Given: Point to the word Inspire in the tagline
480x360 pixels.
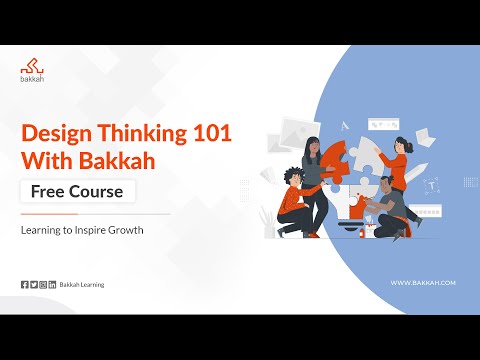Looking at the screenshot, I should (x=96, y=230).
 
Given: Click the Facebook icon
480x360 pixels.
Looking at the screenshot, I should (x=24, y=285).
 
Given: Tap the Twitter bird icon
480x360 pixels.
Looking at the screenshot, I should (x=33, y=285).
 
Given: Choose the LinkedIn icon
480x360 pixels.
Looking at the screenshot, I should (x=52, y=285).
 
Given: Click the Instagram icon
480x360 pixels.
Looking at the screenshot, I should (x=43, y=285).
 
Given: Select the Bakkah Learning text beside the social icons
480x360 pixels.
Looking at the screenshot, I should (x=82, y=285).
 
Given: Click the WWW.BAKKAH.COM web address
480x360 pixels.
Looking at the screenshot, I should (x=423, y=283).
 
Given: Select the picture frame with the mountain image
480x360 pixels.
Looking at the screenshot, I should (x=295, y=129).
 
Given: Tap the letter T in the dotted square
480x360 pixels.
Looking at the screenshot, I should (x=432, y=185).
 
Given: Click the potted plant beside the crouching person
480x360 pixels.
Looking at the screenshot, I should (x=268, y=220).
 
